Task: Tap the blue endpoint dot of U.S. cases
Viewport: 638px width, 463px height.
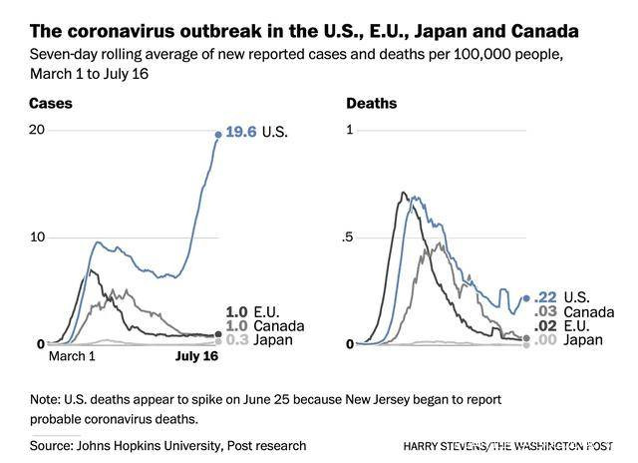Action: click(218, 133)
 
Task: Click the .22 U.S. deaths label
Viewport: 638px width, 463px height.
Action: click(566, 297)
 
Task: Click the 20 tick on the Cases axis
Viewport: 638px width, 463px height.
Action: click(37, 131)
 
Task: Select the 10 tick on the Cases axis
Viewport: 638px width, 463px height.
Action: click(37, 237)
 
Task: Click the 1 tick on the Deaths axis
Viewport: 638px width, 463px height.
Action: click(350, 131)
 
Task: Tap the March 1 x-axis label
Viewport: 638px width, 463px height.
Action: click(72, 355)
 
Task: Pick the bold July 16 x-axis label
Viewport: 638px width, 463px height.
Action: click(197, 355)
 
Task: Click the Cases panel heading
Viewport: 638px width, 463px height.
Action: click(50, 103)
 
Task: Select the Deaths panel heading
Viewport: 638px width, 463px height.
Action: click(371, 103)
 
